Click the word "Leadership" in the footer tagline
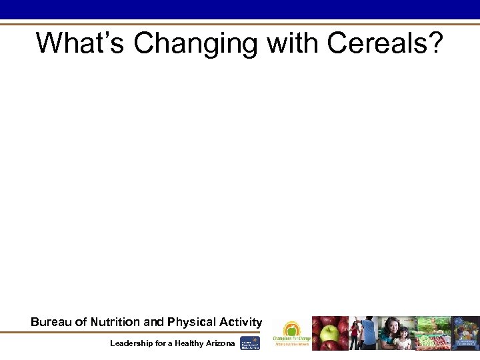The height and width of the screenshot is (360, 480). click(133, 343)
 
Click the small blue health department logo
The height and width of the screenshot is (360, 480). click(250, 343)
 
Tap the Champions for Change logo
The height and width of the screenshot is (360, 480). click(291, 331)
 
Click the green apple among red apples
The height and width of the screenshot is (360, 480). click(329, 334)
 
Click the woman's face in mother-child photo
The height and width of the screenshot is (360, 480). click(393, 326)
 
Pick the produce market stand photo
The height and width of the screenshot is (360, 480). click(433, 333)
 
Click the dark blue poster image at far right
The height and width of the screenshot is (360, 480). click(466, 333)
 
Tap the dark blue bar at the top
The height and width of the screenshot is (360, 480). click(240, 9)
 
